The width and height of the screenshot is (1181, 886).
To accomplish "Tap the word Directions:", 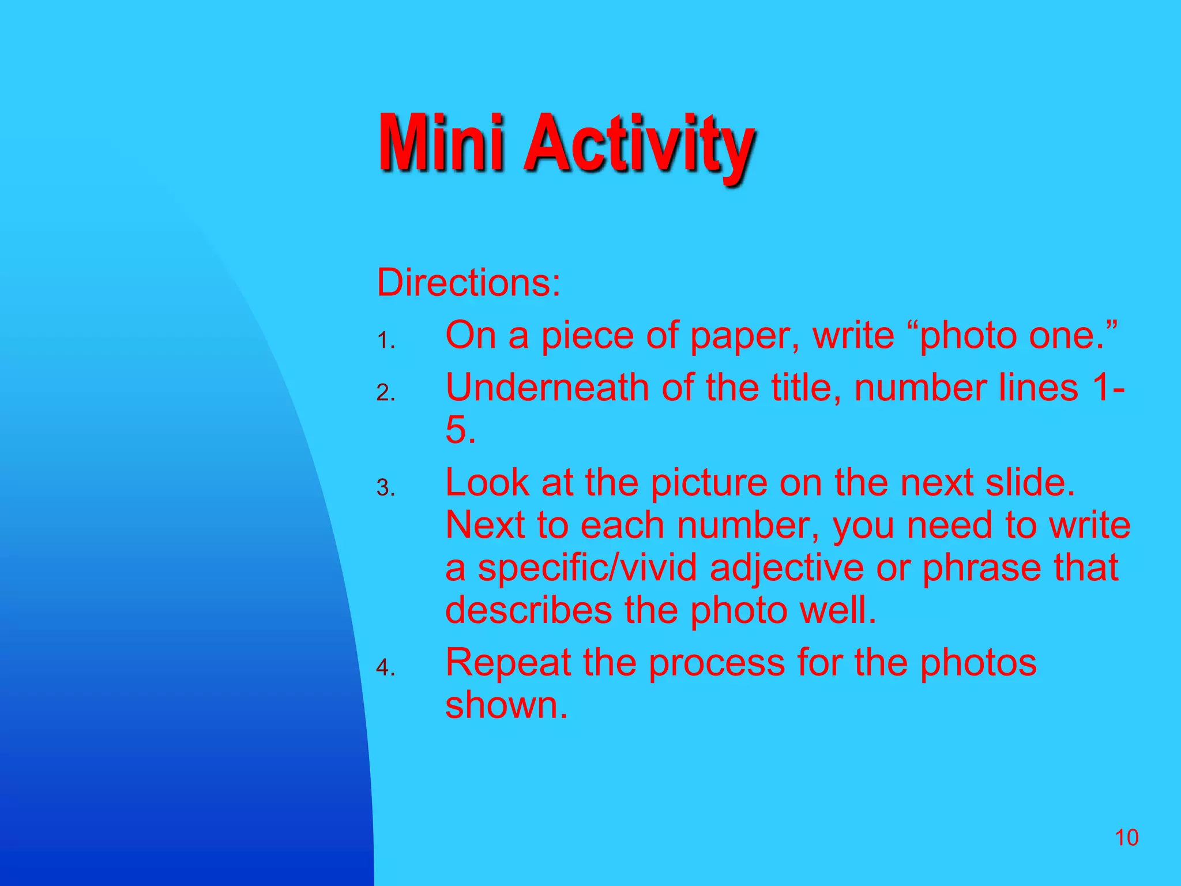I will (468, 283).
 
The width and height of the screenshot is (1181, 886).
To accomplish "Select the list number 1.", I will (385, 341).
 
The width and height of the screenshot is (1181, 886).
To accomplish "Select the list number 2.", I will (385, 393).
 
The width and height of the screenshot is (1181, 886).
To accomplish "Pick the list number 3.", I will (385, 489).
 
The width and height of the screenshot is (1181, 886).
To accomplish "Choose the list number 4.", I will (385, 668).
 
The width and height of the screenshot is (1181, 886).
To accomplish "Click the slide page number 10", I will (1126, 838).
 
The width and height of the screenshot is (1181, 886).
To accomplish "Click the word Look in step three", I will (487, 483).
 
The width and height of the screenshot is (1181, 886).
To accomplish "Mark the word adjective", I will (787, 569).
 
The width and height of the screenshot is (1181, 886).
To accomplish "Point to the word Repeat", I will (507, 663).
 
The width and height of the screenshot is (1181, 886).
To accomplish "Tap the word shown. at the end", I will (506, 705).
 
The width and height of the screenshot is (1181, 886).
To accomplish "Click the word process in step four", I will (717, 663).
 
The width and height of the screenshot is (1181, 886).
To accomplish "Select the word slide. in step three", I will (1030, 483).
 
